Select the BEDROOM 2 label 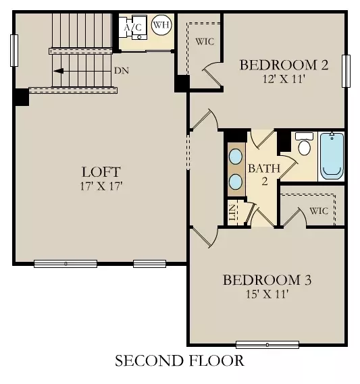click(x=284, y=65)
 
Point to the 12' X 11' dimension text click(x=284, y=79)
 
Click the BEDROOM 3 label click(x=267, y=280)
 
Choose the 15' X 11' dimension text click(x=267, y=294)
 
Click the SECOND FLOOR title click(x=179, y=361)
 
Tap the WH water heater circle click(x=161, y=26)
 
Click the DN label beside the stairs click(x=122, y=70)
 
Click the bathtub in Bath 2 click(x=332, y=156)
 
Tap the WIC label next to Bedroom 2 click(x=205, y=40)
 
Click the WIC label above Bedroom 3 click(x=319, y=211)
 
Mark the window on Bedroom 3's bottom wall click(x=267, y=345)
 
